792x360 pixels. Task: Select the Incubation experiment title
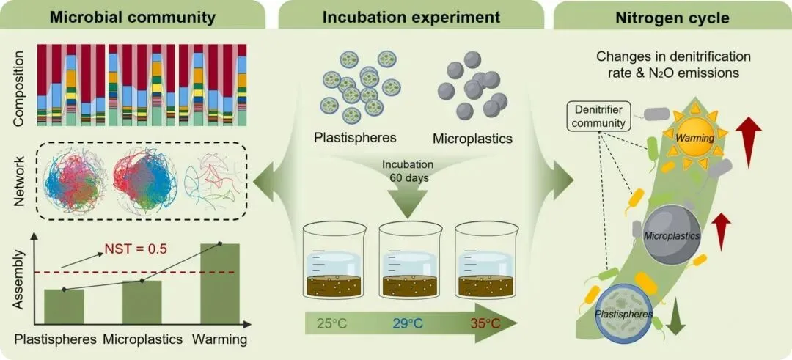coord(411,15)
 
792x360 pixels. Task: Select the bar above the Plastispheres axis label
coord(64,306)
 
